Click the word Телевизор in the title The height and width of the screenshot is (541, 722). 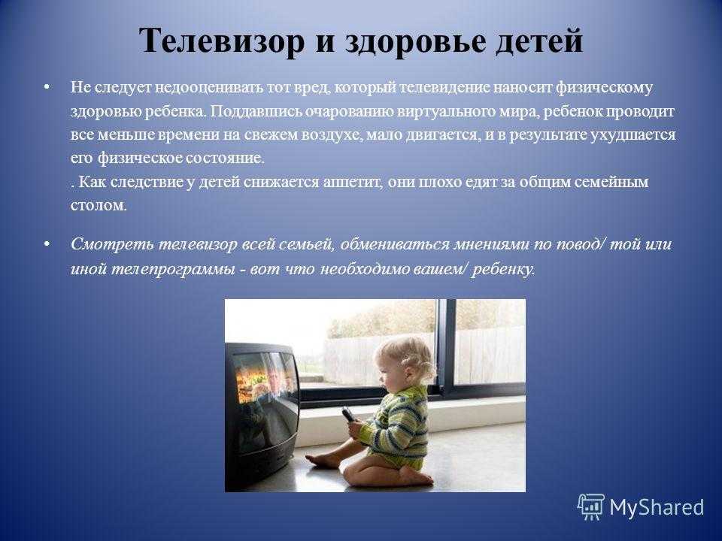tap(222, 41)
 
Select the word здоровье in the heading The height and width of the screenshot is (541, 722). tap(415, 42)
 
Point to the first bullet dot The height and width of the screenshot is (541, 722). tap(46, 87)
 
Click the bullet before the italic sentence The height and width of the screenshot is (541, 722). tap(46, 243)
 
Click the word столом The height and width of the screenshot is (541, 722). tap(99, 205)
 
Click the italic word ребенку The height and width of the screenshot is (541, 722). tap(503, 269)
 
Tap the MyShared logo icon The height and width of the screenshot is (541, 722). tap(591, 507)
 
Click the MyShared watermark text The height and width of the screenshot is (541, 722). tap(657, 507)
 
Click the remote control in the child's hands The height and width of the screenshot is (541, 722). tap(349, 415)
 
